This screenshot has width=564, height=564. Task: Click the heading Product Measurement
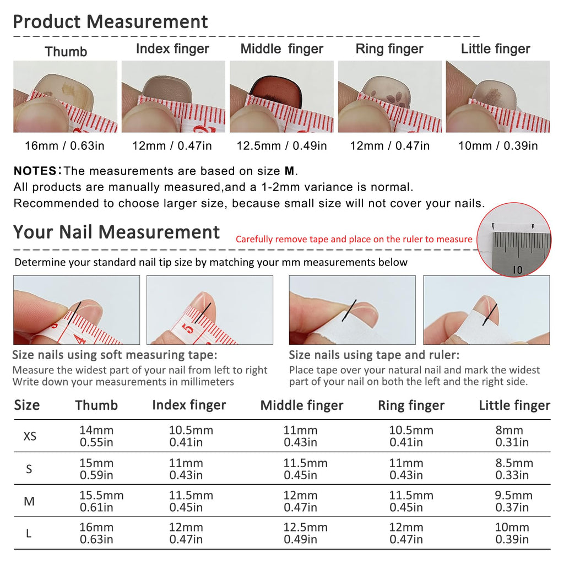(110, 21)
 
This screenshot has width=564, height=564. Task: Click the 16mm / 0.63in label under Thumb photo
(64, 145)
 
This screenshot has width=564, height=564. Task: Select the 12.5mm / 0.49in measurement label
(281, 145)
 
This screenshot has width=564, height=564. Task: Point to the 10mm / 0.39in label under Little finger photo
(498, 145)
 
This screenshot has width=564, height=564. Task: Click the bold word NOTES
(35, 171)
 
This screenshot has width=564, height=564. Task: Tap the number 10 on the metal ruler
(517, 269)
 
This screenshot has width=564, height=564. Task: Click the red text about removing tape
(354, 239)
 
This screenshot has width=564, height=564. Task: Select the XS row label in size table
(30, 436)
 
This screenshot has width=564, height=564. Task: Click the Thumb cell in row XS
(96, 436)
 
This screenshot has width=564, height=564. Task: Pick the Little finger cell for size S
(514, 469)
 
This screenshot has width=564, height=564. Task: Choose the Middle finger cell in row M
(300, 501)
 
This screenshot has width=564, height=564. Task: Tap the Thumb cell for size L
(96, 533)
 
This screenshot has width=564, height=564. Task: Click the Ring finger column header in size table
(411, 405)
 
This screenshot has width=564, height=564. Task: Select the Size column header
(27, 405)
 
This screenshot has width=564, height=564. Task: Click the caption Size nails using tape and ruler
(374, 355)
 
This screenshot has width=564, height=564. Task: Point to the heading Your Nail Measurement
(116, 232)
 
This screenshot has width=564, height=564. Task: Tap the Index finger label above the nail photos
(172, 48)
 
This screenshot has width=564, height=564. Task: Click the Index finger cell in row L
(186, 533)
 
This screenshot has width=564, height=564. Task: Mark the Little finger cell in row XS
(512, 436)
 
